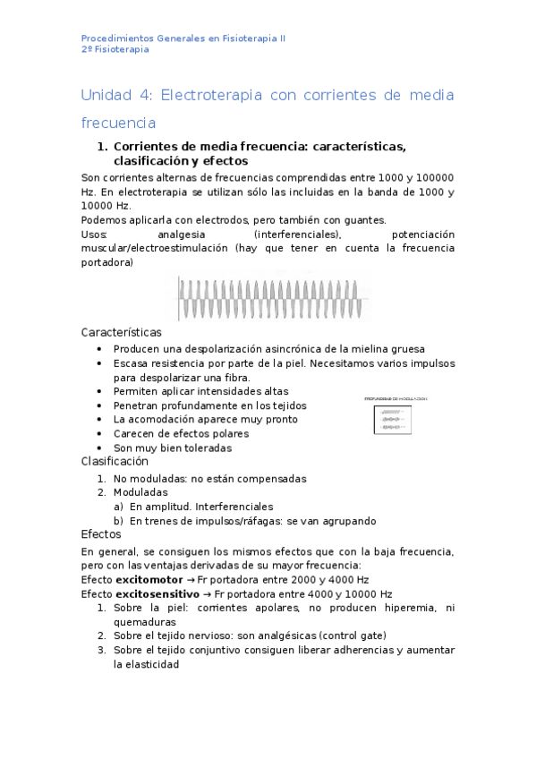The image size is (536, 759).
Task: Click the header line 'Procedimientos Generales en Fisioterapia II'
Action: pos(183,38)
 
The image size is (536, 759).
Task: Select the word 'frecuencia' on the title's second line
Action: pos(118,123)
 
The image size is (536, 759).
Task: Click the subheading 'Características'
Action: pos(122,332)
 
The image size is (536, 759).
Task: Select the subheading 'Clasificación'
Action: pos(115,462)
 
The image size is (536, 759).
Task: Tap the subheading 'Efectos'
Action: pos(101,534)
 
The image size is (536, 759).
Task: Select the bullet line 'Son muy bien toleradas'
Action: pos(173,448)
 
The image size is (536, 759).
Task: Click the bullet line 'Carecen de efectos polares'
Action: pos(181,433)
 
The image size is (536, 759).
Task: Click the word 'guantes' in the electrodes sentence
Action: pos(363,220)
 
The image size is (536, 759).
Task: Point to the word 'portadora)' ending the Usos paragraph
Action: pos(107,263)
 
